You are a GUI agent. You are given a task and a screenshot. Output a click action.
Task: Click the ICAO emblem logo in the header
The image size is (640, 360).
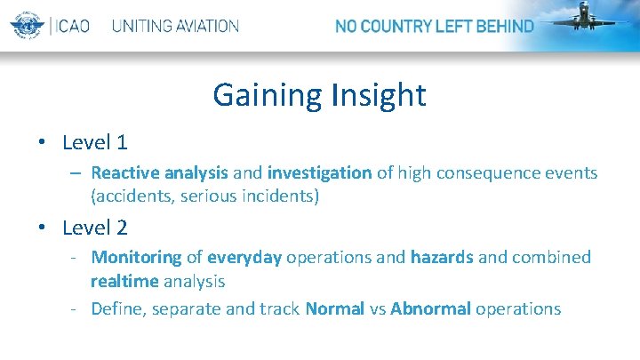pos(28,25)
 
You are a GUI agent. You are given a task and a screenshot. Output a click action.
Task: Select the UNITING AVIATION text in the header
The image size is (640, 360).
pos(175,26)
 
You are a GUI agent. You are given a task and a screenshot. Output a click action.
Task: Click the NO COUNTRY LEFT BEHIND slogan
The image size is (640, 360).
pos(434,26)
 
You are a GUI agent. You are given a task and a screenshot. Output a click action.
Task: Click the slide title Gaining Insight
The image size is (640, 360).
pos(319,94)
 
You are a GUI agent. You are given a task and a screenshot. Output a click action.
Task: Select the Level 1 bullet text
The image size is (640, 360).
pos(95,142)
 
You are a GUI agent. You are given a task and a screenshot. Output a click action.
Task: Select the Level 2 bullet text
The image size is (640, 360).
pos(95,228)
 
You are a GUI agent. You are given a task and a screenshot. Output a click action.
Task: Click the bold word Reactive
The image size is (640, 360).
pos(124,172)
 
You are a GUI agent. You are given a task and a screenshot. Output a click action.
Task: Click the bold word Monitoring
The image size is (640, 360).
pos(136,258)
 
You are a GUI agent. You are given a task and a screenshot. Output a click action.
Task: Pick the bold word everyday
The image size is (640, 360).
pos(244,258)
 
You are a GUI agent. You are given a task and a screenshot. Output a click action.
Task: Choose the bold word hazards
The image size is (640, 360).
pos(441,258)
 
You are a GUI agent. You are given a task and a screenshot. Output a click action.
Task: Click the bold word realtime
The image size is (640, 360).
pos(124,282)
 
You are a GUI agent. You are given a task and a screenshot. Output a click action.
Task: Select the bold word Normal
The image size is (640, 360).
pos(334,309)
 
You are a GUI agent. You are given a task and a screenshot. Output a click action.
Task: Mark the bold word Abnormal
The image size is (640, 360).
pos(431,309)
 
